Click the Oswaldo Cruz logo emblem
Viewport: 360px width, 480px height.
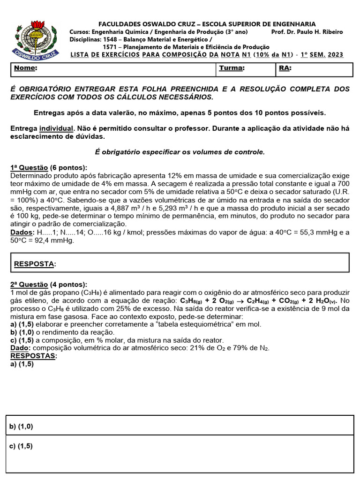(38, 38)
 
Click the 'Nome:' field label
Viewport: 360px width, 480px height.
(26, 68)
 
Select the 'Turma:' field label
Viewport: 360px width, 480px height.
(232, 68)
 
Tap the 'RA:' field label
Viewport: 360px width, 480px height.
(285, 68)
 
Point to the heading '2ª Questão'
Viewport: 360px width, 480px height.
(29, 285)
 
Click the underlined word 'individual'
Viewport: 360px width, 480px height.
(56, 129)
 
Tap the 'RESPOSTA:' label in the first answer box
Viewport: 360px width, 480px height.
(35, 264)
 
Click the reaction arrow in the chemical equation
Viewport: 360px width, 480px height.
(241, 300)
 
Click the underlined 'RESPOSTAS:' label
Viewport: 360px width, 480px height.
(33, 356)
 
